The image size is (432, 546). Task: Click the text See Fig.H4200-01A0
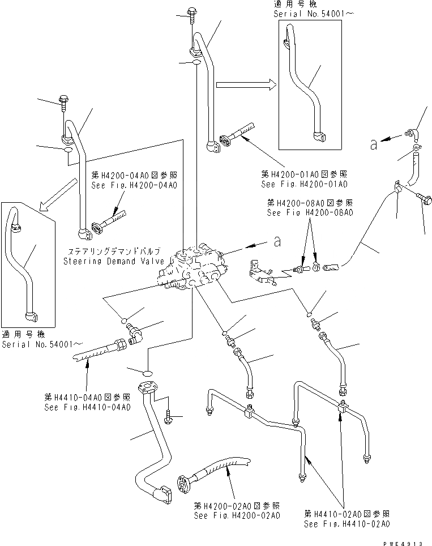(x=304, y=184)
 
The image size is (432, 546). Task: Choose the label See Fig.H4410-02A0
(x=347, y=524)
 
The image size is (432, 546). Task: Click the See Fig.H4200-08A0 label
(x=310, y=212)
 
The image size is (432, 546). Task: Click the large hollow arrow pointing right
(x=246, y=85)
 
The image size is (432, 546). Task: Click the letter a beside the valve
(x=276, y=242)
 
